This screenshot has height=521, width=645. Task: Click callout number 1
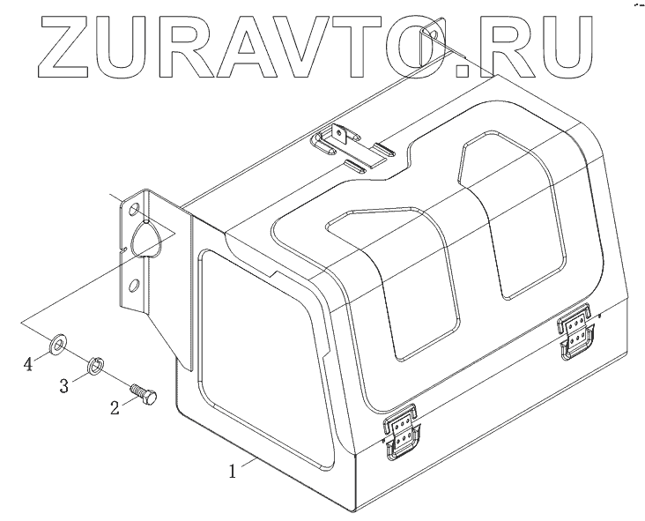[233, 471]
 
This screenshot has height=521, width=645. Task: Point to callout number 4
[29, 363]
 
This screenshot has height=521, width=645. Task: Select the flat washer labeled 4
[58, 340]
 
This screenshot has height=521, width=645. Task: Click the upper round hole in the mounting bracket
[134, 212]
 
